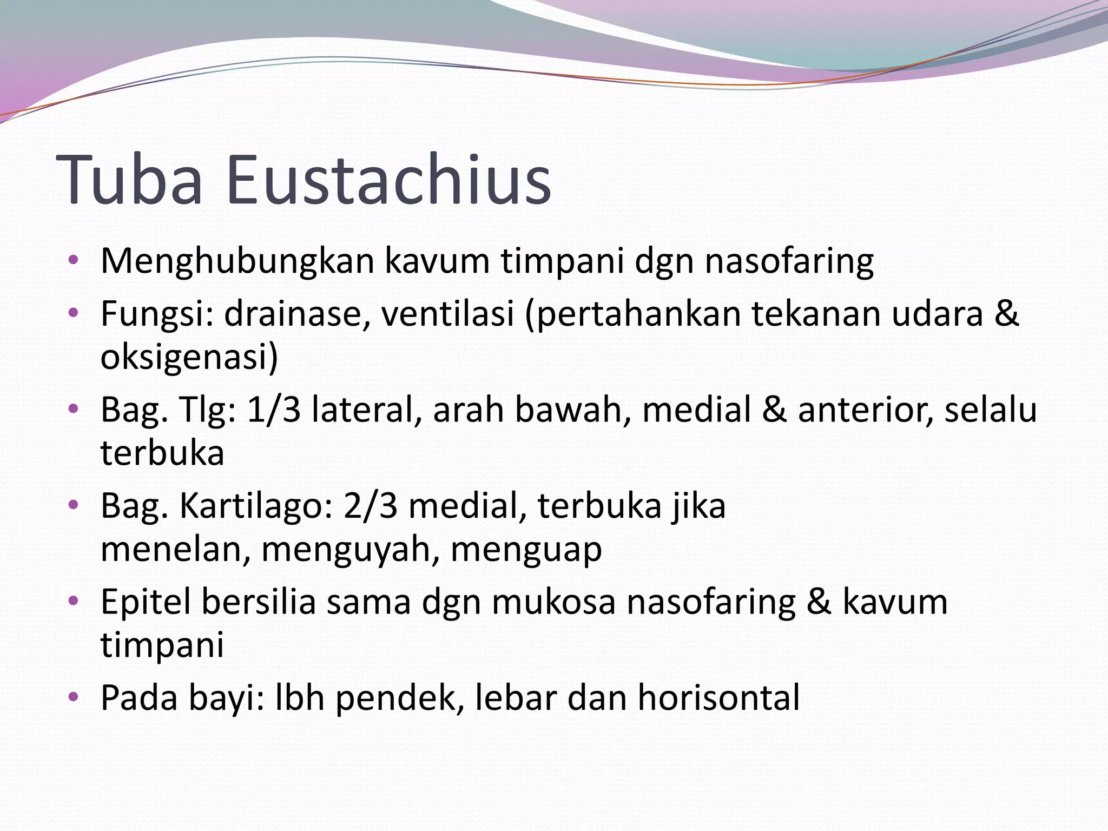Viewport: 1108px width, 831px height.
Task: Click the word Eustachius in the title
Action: tap(388, 180)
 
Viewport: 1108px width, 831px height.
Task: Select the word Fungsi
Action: tap(154, 314)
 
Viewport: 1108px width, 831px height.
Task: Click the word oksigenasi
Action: tap(189, 358)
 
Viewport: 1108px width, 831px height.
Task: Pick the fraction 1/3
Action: tap(274, 410)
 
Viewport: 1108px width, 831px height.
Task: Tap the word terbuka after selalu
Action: tap(162, 453)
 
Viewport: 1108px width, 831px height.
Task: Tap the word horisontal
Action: tap(718, 697)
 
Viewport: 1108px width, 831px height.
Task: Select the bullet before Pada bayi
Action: tap(74, 696)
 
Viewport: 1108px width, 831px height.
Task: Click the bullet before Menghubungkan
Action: tap(74, 260)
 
